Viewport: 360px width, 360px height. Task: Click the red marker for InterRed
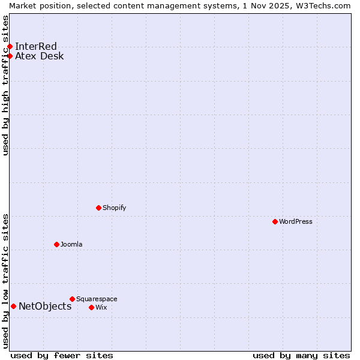[10, 47]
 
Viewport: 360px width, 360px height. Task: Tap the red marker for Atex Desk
[10, 56]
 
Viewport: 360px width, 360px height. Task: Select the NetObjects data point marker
[13, 307]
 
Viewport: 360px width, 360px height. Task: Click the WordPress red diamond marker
[275, 221]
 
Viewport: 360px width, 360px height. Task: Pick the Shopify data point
[98, 208]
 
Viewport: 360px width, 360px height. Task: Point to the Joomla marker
[56, 244]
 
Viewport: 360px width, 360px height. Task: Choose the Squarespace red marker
[72, 299]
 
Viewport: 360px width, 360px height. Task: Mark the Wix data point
[91, 307]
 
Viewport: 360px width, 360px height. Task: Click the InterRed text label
[36, 47]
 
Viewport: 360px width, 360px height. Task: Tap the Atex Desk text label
[40, 56]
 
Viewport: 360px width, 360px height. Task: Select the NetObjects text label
[45, 307]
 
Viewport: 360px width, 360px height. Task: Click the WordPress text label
[296, 221]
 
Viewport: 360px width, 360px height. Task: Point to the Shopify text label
[115, 208]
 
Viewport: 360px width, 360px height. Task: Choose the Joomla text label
[71, 244]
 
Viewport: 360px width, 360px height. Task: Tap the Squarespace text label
[97, 299]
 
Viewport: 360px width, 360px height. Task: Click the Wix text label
[101, 307]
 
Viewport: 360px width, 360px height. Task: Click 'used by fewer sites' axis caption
[62, 355]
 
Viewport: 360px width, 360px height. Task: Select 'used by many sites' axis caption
[301, 355]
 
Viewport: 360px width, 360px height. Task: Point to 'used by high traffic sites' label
[5, 85]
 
